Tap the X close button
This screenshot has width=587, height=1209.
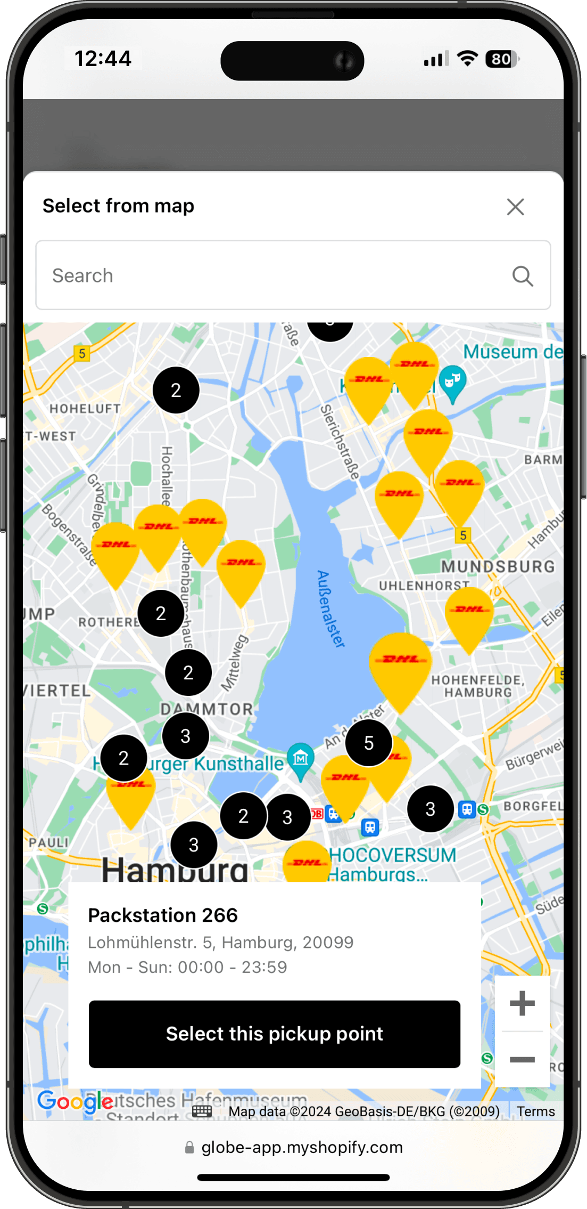tap(515, 207)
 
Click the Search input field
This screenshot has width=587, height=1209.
tap(277, 275)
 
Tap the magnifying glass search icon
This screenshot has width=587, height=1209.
tap(523, 276)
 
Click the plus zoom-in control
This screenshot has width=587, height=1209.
tap(522, 1003)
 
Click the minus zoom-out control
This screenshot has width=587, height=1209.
tap(522, 1060)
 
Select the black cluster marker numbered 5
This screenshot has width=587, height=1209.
tap(369, 743)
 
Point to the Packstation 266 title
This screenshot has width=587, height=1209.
tap(163, 915)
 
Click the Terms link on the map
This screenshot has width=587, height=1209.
tap(535, 1111)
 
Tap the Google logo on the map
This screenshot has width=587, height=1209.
tap(75, 1101)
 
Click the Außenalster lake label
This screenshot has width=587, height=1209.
tap(330, 608)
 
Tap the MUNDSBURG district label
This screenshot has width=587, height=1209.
tap(498, 566)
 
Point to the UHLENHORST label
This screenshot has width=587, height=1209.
tap(424, 586)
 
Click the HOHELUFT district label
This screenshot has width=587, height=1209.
tap(85, 409)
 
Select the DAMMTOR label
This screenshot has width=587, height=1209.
tap(207, 709)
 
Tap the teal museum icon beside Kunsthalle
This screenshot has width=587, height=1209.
tap(301, 758)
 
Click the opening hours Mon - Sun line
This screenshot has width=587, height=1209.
tap(187, 967)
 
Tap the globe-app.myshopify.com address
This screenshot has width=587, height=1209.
tap(302, 1147)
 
